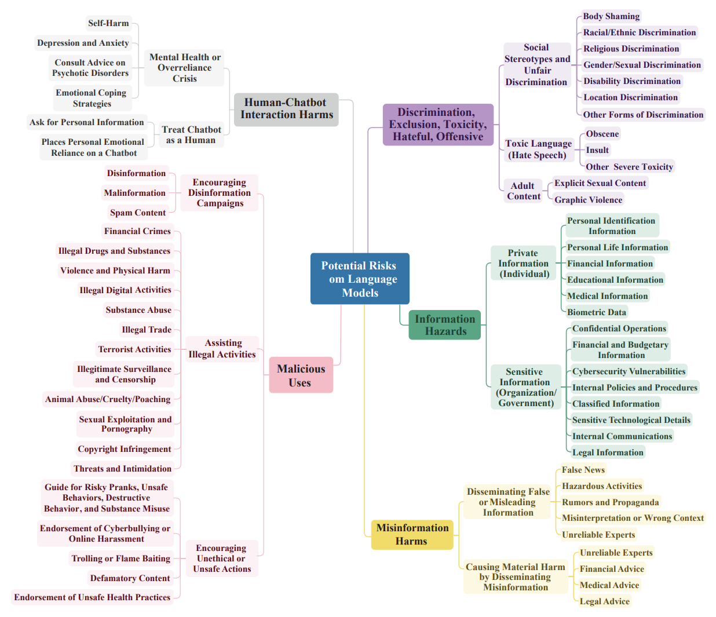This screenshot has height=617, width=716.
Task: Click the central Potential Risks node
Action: pyautogui.click(x=359, y=279)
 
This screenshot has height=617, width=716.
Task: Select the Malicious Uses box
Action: pyautogui.click(x=301, y=375)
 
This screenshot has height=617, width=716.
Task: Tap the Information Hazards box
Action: pyautogui.click(x=445, y=325)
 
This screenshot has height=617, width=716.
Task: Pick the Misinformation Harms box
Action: pyautogui.click(x=412, y=534)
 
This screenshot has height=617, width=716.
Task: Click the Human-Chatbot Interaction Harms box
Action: pyautogui.click(x=286, y=109)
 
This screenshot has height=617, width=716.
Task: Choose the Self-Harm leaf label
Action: pyautogui.click(x=108, y=23)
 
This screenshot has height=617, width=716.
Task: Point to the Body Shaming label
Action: pyautogui.click(x=611, y=16)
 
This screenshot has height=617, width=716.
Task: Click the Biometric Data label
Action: pyautogui.click(x=597, y=312)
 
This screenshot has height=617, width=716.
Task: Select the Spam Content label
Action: pyautogui.click(x=138, y=213)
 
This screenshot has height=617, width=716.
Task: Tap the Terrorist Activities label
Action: pyautogui.click(x=134, y=349)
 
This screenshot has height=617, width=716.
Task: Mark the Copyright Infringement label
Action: pyautogui.click(x=125, y=449)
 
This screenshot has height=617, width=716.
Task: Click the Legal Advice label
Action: pyautogui.click(x=605, y=601)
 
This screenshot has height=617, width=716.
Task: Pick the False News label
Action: pyautogui.click(x=583, y=470)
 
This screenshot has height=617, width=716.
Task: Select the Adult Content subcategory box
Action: pyautogui.click(x=523, y=191)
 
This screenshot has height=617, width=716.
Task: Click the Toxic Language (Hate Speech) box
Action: pyautogui.click(x=538, y=149)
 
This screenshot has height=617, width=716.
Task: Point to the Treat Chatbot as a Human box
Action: pyautogui.click(x=191, y=135)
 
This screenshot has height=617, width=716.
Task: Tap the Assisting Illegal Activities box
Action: pyautogui.click(x=222, y=349)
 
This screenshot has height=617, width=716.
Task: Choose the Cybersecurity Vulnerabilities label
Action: pyautogui.click(x=629, y=371)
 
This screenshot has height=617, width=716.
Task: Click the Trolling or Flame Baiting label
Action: pyautogui.click(x=121, y=558)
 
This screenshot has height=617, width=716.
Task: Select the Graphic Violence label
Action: pyautogui.click(x=589, y=200)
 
